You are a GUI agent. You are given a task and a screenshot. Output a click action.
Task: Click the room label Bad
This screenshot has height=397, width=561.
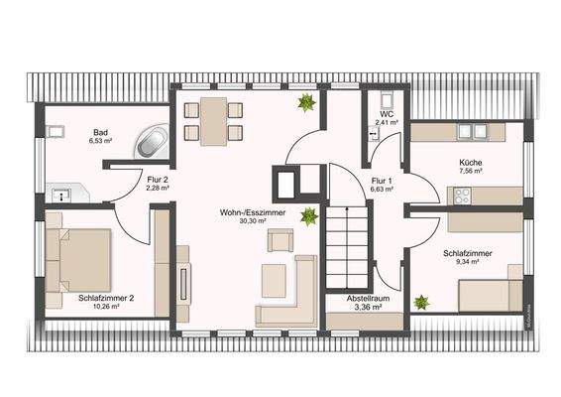[x=100, y=132]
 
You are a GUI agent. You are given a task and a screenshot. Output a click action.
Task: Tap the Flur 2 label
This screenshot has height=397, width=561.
[x=157, y=179]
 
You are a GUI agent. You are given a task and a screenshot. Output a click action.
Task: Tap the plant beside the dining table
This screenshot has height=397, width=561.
[x=307, y=102]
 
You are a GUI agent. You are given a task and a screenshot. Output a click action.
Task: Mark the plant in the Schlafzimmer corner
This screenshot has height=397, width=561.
[x=422, y=301]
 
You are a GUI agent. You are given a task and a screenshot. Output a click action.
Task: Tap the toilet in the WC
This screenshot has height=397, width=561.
[x=385, y=100]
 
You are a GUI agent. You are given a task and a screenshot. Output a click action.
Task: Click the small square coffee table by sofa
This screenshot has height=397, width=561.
[x=271, y=279]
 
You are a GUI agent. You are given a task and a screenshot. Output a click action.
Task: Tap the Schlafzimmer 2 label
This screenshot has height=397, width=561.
[x=105, y=297]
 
